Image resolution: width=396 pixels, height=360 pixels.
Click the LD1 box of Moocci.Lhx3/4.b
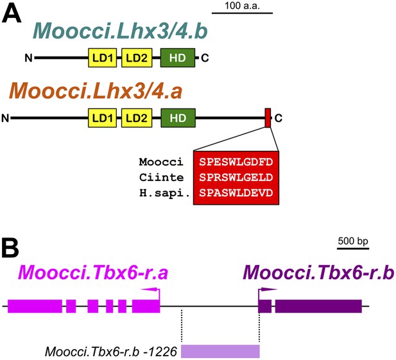coord(102,58)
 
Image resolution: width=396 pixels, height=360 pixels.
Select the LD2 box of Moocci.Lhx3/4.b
coord(137,58)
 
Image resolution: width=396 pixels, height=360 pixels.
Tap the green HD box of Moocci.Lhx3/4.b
coord(178,58)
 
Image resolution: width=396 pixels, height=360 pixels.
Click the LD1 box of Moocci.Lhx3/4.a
coord(102,118)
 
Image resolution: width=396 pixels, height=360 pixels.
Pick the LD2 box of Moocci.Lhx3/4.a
coord(137,118)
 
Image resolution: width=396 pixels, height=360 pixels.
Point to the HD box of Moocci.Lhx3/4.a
coord(178,118)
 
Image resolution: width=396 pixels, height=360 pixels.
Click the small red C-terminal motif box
coord(268,118)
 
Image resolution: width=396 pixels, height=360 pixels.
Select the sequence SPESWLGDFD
coord(236,162)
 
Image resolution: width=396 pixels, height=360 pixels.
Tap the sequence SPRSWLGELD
coord(236,178)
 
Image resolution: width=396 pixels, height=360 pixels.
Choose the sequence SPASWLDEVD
coord(236,193)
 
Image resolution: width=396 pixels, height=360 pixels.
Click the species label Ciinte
coord(161,178)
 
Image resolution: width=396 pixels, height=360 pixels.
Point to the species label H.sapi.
coord(165,193)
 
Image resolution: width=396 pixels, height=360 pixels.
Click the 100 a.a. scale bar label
coord(242,6)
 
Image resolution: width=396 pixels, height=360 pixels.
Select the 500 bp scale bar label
coord(353,241)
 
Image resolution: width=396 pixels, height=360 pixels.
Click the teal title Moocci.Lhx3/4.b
coord(120,31)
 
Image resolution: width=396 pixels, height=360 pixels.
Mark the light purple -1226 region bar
coord(220,351)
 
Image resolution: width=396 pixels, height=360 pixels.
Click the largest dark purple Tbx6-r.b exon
coord(318,306)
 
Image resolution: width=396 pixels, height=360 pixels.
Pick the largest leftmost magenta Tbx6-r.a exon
coord(35,306)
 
